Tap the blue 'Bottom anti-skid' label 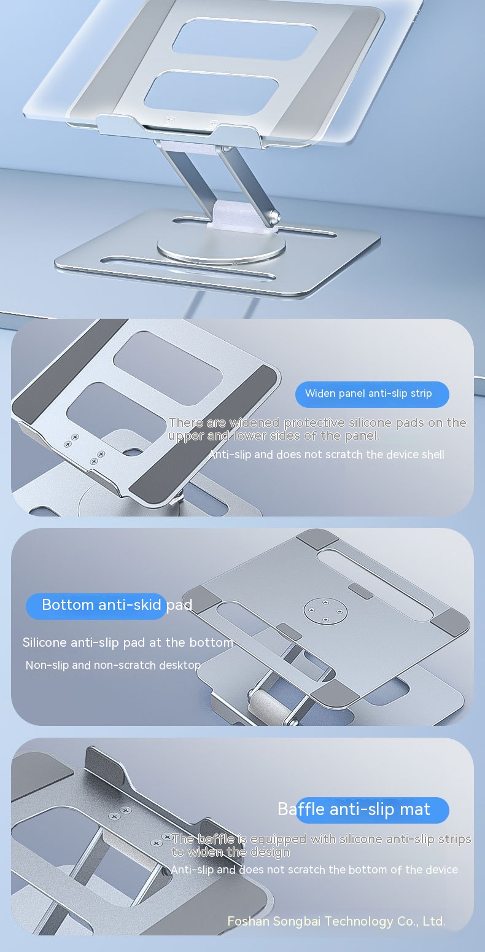96,606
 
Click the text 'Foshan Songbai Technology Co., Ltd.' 336,921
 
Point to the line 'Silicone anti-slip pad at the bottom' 128,642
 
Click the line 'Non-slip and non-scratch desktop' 113,665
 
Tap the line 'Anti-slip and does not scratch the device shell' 327,455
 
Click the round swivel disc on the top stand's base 221,246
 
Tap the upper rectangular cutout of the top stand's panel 244,39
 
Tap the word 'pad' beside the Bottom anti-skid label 179,605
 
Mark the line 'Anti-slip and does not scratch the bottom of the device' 314,870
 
